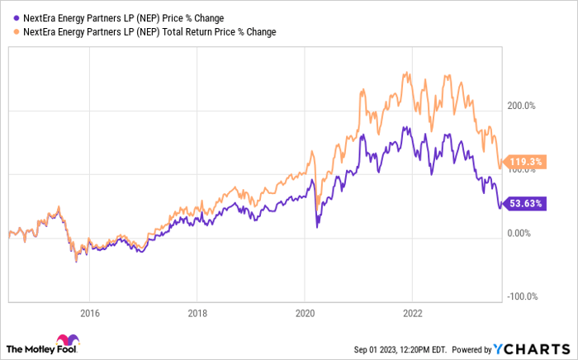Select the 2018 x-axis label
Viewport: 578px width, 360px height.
click(197, 313)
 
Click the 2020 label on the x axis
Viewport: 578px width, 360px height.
click(305, 313)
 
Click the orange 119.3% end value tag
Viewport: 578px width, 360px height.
click(524, 163)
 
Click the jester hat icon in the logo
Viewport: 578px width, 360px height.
click(63, 341)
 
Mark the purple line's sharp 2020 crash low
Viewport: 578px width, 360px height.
click(318, 227)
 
